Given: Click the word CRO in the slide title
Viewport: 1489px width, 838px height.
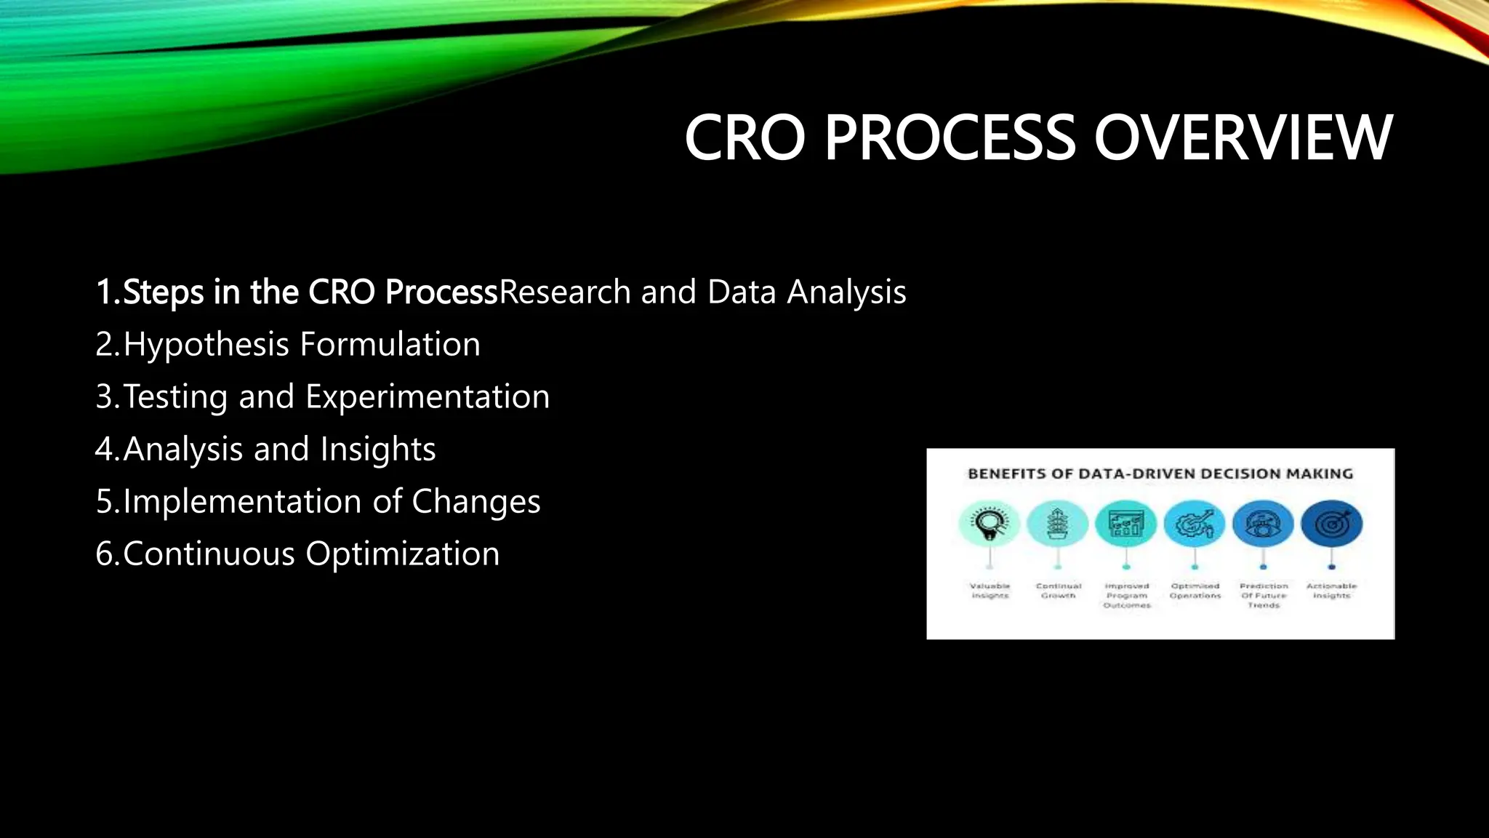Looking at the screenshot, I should coord(744,138).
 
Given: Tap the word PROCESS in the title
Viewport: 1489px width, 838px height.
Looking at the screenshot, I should coord(949,138).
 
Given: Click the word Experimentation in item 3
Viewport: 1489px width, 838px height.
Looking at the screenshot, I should coord(427,397).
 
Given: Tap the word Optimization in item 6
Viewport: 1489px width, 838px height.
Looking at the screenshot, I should coord(402,554).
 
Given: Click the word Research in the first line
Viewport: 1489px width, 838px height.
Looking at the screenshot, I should coord(565,292).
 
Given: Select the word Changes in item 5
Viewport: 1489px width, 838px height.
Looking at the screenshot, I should coord(475,502).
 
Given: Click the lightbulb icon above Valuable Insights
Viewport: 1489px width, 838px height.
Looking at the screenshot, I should coord(989,524).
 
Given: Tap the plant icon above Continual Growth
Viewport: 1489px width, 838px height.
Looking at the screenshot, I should coord(1057,524).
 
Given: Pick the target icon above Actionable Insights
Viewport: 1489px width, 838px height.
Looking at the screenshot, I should coord(1332,524).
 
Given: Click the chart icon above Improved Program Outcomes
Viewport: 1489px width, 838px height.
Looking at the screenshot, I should coord(1126,524).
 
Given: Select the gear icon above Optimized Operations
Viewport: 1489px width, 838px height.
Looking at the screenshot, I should coord(1195,524).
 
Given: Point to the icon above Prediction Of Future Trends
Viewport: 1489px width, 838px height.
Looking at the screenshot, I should coord(1264,524).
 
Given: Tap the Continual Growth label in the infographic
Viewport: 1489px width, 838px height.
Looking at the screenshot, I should coord(1059,591).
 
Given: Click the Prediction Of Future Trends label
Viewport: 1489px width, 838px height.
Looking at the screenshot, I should coord(1264,595).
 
